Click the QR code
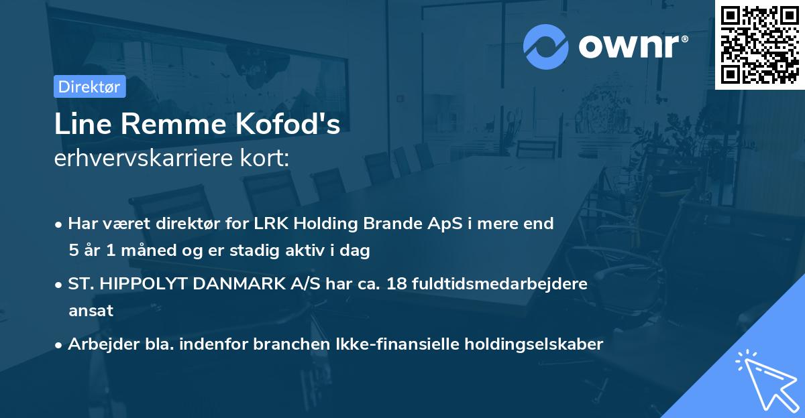(x=759, y=45)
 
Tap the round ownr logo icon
(x=545, y=46)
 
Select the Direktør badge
(x=89, y=86)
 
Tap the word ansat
(x=91, y=311)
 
